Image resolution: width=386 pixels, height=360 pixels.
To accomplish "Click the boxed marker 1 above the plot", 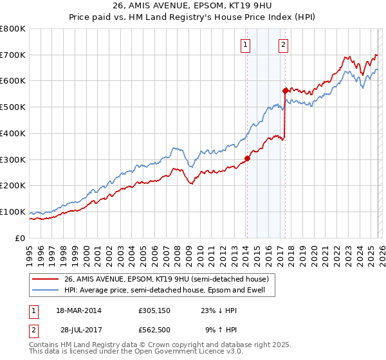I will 246,45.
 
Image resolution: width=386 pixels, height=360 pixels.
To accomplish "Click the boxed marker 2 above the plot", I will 284,45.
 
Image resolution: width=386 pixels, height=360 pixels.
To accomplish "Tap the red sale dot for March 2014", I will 246,158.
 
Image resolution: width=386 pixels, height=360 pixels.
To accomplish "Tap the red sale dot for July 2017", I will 284,91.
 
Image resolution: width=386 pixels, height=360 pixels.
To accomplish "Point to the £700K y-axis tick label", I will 14,55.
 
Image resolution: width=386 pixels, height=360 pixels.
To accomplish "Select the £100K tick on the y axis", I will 14,212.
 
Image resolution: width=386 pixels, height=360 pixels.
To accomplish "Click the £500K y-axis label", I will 14,107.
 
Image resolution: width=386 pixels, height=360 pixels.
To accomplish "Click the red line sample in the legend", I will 46,278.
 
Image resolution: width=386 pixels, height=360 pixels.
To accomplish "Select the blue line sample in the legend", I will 46,290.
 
